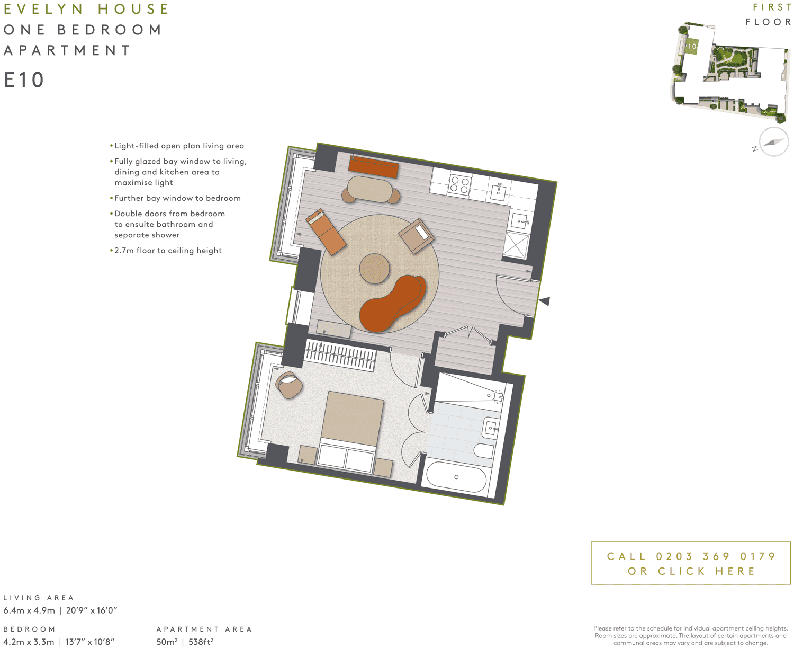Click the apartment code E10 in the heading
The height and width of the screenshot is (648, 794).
coord(24,80)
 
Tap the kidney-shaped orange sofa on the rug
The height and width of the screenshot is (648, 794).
coord(392,304)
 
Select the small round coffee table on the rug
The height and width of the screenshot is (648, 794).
coord(374,269)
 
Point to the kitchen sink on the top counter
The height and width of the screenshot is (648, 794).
coord(498,191)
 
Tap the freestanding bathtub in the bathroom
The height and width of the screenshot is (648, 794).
coord(456,477)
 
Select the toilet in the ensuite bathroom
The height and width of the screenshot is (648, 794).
coord(484,451)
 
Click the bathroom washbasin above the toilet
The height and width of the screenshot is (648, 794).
coord(491,428)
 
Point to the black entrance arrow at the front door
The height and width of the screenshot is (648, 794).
coord(545,301)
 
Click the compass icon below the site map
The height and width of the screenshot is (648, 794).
coord(773,142)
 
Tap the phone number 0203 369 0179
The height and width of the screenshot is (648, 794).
coord(716,556)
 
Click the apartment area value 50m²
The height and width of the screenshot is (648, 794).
coord(166,642)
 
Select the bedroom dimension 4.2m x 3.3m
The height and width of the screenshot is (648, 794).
coord(29,642)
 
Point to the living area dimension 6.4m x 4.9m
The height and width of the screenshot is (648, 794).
coord(29,610)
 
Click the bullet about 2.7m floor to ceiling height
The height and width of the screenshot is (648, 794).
coord(168,251)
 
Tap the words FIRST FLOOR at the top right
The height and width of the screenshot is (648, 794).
coord(769,15)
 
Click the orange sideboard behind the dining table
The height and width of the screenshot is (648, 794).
coord(373,167)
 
